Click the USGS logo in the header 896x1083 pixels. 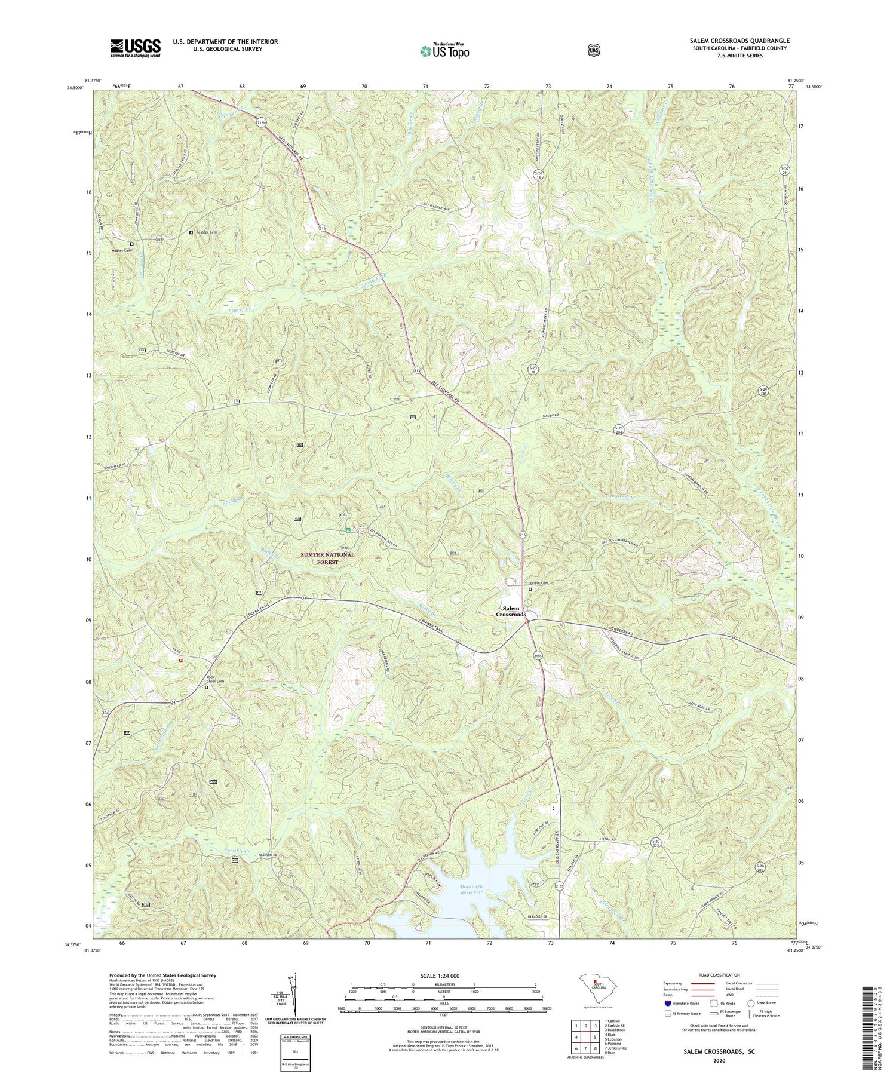tap(135, 48)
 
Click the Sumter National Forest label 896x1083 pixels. tap(327, 558)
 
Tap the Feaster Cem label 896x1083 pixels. tap(205, 232)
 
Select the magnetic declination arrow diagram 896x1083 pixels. tap(294, 998)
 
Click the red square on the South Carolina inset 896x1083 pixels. tap(594, 981)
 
